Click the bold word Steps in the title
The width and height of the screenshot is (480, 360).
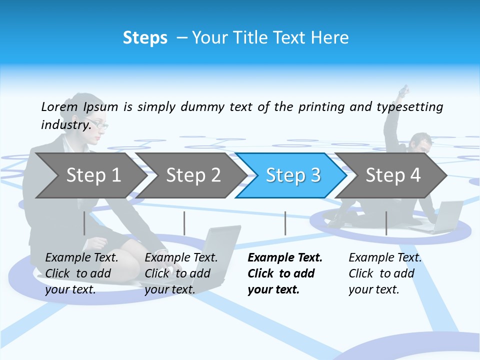pos(145,38)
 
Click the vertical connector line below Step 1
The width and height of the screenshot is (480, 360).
pos(84,223)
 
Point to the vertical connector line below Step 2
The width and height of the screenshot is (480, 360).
pos(184,223)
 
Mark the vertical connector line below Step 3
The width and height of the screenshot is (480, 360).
pos(285,223)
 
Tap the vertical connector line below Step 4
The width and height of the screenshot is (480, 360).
pos(386,223)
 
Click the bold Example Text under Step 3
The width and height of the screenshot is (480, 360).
pos(285,273)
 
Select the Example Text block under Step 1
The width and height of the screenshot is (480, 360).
pos(81,273)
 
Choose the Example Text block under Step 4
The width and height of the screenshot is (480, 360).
pos(385,273)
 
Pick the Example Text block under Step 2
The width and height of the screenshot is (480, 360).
pos(181,273)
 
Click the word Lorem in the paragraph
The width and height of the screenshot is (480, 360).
pos(59,106)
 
